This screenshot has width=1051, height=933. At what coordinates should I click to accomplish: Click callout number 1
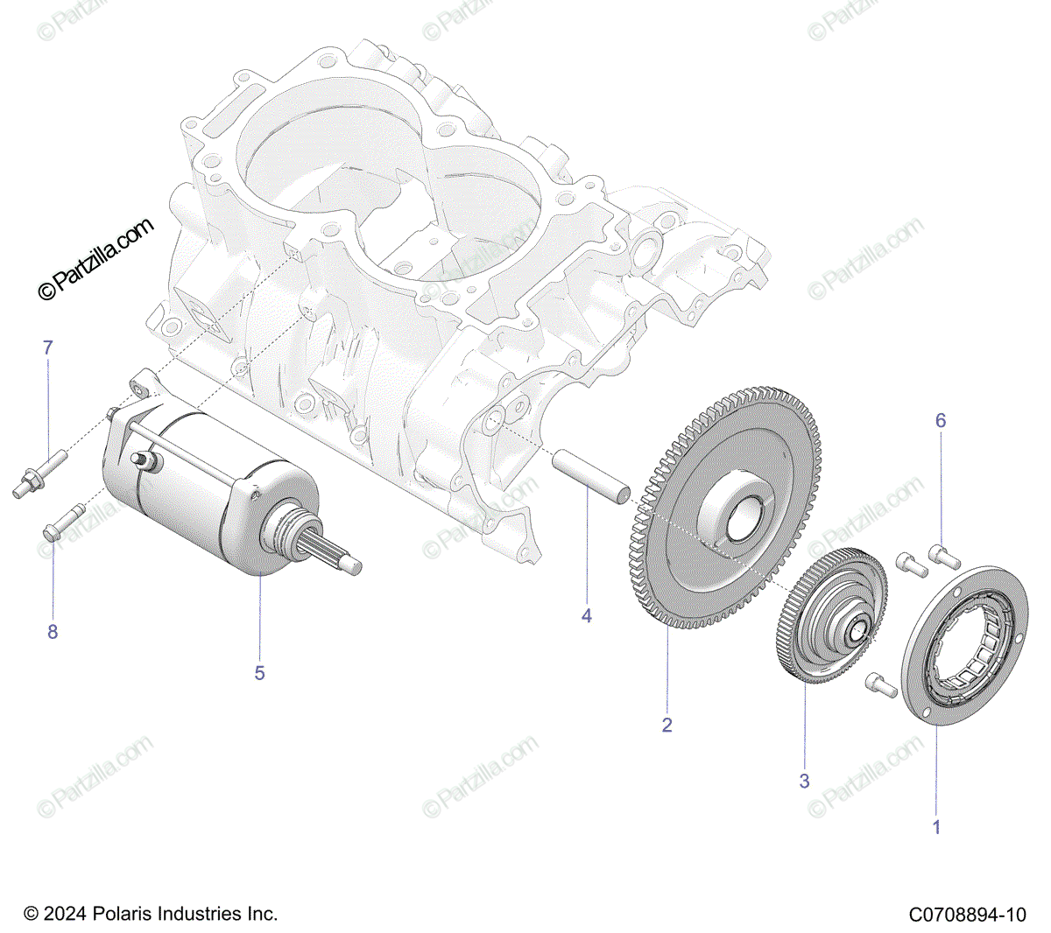[936, 826]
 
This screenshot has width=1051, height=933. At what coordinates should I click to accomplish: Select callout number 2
[667, 725]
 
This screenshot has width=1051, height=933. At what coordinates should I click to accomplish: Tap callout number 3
[804, 781]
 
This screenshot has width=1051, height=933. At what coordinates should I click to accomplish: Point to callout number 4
[586, 616]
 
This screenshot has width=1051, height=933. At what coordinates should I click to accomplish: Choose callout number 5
[259, 673]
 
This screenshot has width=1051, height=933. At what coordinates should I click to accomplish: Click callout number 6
[941, 420]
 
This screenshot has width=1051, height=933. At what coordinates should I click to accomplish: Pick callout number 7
[47, 347]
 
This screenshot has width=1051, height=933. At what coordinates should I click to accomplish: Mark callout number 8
[53, 632]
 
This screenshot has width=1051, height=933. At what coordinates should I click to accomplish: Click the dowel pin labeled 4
[590, 477]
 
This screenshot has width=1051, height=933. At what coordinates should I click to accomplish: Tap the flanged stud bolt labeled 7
[39, 474]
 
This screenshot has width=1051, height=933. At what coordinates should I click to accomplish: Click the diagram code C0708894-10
[968, 915]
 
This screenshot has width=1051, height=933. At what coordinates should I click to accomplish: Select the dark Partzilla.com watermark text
[96, 259]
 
